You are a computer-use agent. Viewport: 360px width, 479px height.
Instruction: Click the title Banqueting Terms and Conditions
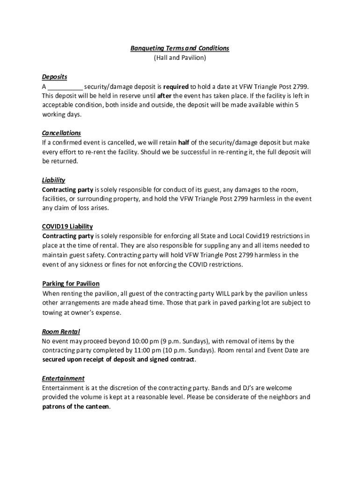(x=180, y=49)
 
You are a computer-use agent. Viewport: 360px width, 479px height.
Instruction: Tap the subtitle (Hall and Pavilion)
(x=180, y=58)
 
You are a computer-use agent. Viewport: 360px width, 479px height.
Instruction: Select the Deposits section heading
(x=55, y=77)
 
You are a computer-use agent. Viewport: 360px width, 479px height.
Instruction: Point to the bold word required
(x=176, y=87)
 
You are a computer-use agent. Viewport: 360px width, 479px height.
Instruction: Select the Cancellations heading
(x=61, y=133)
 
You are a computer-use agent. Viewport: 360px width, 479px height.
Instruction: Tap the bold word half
(x=184, y=143)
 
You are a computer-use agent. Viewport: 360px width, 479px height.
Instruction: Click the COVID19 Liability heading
(x=67, y=227)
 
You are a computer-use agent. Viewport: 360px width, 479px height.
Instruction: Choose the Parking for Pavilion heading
(x=71, y=283)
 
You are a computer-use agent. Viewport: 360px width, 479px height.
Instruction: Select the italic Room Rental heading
(x=61, y=332)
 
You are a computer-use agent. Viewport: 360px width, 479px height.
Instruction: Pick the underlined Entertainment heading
(x=63, y=378)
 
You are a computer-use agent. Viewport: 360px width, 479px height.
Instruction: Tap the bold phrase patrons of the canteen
(x=76, y=406)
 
